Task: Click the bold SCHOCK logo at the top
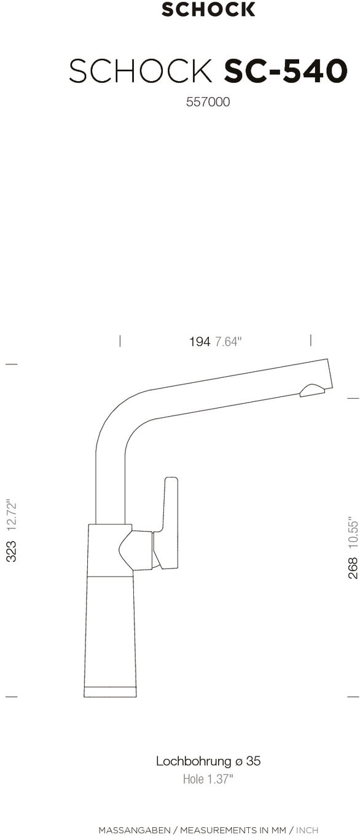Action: (208, 9)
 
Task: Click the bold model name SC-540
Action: (286, 71)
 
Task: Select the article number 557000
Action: (208, 101)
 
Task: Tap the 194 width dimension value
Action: (200, 342)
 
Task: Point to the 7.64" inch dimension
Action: (229, 342)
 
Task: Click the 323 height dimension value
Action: (12, 551)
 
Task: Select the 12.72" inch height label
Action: (12, 516)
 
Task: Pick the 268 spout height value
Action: (353, 568)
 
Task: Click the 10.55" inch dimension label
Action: (353, 533)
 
